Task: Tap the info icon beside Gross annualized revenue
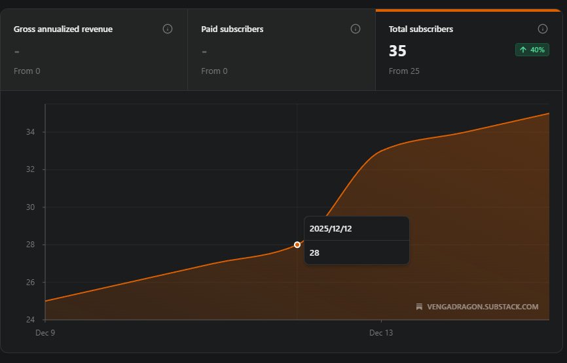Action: pyautogui.click(x=168, y=29)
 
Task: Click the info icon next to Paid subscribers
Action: pyautogui.click(x=356, y=29)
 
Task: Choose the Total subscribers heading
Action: pyautogui.click(x=421, y=29)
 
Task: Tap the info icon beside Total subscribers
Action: pyautogui.click(x=542, y=29)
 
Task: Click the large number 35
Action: pyautogui.click(x=397, y=51)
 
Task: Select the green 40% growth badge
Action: pyautogui.click(x=532, y=50)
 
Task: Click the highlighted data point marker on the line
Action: pyautogui.click(x=297, y=245)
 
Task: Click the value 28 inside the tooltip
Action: pyautogui.click(x=314, y=252)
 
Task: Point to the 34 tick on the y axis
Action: pyautogui.click(x=29, y=132)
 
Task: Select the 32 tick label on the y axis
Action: pyautogui.click(x=29, y=169)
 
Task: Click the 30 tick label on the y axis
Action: pyautogui.click(x=29, y=207)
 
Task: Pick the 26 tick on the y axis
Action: pyautogui.click(x=29, y=283)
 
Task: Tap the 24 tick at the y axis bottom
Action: pyautogui.click(x=29, y=320)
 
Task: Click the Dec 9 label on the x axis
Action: pyautogui.click(x=45, y=333)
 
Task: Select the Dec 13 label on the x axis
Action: pyautogui.click(x=381, y=333)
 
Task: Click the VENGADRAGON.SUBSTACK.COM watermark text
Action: pyautogui.click(x=482, y=307)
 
